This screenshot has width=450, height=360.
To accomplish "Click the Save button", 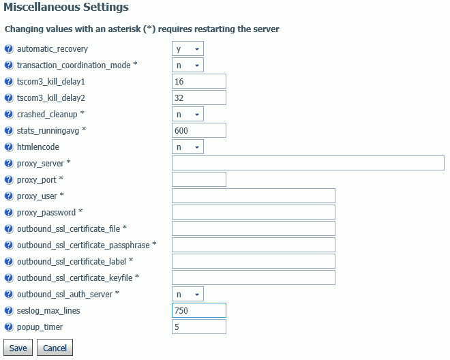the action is tap(18, 348).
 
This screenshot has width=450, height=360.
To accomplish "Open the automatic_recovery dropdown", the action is tap(187, 48).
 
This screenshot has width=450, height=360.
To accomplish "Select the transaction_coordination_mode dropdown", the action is tap(187, 65).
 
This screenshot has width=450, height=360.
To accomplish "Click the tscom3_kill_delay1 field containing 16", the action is tap(199, 81).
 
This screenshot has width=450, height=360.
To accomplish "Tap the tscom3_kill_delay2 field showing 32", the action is tap(199, 97).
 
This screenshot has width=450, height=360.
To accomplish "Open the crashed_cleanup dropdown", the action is tap(187, 114).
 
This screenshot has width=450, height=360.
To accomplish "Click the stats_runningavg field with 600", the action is tap(199, 130).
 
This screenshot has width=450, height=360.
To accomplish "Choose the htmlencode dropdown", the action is tap(187, 147).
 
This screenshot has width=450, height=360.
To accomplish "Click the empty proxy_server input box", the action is tap(308, 163).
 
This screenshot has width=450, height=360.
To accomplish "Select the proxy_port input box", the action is tap(199, 179).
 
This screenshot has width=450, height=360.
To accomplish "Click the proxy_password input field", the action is tap(254, 212).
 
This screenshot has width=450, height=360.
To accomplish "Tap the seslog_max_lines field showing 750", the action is tap(199, 310).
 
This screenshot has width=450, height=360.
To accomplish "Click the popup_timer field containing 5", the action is tap(199, 327).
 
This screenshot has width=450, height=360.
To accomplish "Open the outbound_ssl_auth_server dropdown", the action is tap(187, 294).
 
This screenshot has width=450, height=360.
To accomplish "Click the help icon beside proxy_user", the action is tap(9, 196).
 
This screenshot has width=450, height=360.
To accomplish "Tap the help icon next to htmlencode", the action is tap(9, 147).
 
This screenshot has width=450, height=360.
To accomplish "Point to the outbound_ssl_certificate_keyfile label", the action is tap(74, 278).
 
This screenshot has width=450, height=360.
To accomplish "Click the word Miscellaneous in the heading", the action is tap(42, 7).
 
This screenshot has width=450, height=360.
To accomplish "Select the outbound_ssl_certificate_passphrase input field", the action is tap(254, 245).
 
